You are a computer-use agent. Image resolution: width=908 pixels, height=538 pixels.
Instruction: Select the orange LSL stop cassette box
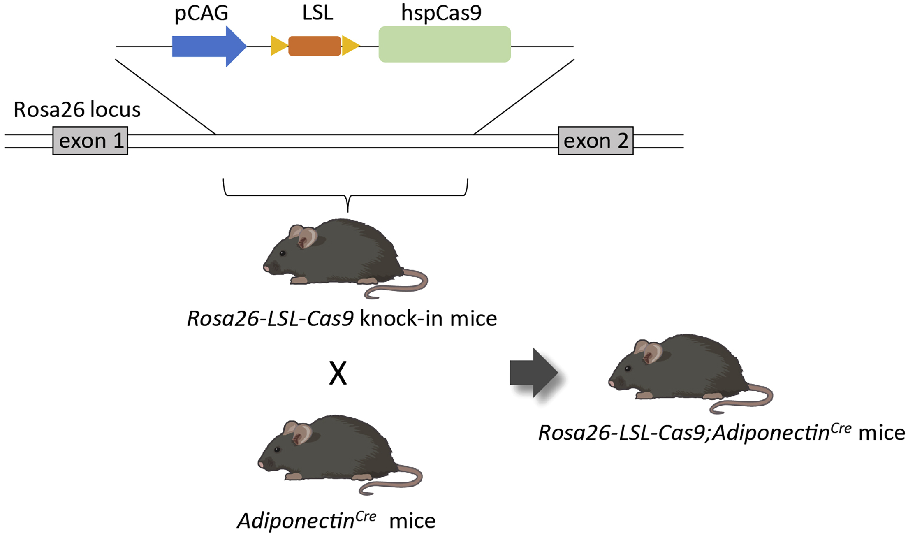point(315,46)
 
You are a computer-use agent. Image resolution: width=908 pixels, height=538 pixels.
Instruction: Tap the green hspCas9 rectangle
point(445,44)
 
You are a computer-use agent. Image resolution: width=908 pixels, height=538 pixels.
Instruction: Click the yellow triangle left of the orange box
point(278,46)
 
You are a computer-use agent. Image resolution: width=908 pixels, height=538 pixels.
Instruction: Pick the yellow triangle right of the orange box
point(350,46)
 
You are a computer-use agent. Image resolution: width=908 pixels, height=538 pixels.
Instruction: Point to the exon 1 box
point(90,141)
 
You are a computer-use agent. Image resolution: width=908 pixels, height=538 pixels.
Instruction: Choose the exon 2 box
point(595,141)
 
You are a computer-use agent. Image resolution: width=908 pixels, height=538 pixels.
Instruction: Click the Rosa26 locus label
point(77,110)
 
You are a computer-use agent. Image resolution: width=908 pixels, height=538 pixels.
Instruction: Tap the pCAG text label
point(201,13)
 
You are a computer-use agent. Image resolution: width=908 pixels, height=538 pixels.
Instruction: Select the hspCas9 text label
point(441,13)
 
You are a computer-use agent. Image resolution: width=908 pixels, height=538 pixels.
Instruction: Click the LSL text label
point(317,13)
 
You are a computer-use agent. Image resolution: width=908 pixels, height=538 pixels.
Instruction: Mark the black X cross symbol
point(338,373)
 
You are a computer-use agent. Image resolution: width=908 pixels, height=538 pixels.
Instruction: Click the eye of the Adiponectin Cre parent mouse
point(277,450)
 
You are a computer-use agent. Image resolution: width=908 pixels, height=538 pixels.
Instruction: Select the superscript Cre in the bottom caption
point(366,517)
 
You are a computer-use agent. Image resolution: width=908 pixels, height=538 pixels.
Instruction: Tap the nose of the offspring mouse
point(611,384)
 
